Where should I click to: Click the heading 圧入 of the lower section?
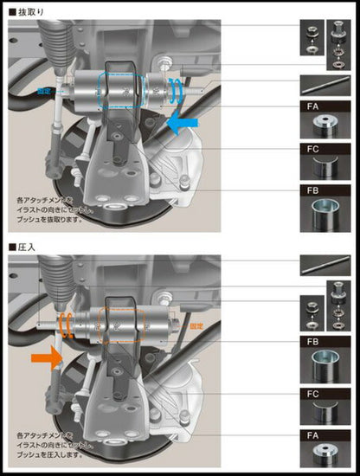[23, 246]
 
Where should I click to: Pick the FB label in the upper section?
[311, 189]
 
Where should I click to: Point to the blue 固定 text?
[45, 89]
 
